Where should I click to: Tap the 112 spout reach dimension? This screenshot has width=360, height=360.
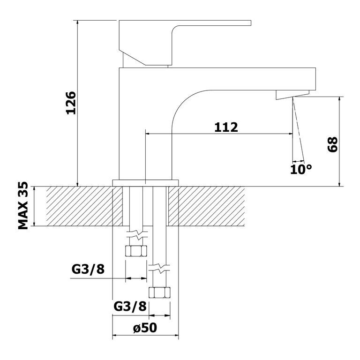click(226, 127)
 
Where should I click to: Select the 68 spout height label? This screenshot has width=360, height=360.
click(332, 144)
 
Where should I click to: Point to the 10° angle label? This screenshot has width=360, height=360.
click(301, 169)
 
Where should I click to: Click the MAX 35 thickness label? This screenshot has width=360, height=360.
click(23, 206)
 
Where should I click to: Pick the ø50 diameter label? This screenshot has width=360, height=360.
click(145, 328)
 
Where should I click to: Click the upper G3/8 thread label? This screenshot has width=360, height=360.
click(88, 269)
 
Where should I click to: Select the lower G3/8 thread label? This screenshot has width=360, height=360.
click(130, 306)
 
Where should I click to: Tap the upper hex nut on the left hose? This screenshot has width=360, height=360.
click(136, 251)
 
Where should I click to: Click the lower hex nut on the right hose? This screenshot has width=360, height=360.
click(159, 292)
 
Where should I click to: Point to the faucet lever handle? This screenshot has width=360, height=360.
click(185, 43)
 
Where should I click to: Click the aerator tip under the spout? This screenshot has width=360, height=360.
click(292, 95)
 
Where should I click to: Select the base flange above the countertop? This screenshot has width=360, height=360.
click(145, 183)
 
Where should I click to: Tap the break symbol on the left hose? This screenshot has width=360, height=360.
click(137, 235)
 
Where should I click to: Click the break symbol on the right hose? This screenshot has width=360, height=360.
click(159, 268)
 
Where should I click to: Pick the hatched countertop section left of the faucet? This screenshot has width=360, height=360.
click(84, 206)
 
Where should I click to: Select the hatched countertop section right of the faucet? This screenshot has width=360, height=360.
click(206, 206)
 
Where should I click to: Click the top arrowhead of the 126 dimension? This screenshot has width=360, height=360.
click(78, 22)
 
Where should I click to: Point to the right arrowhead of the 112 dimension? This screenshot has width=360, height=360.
click(290, 134)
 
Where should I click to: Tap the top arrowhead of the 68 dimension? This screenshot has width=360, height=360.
click(339, 99)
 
